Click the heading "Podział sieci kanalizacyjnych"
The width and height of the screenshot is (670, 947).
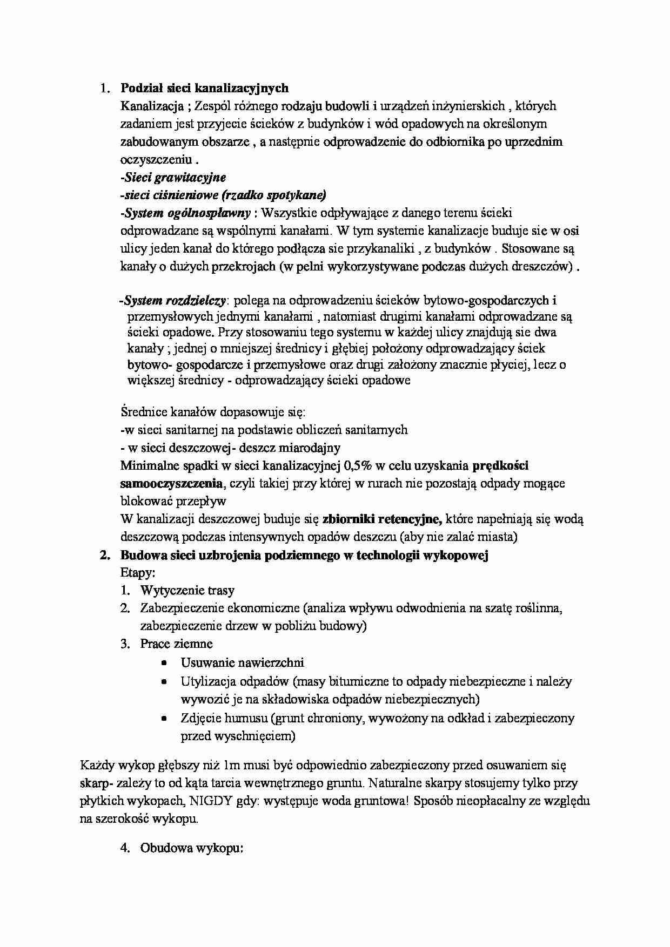coord(204,88)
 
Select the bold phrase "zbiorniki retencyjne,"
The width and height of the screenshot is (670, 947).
coord(382,519)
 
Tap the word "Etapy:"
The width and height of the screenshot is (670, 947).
coord(138,572)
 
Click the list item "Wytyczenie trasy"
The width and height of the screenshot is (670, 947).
coord(187,590)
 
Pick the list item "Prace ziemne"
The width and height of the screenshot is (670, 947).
coord(176,644)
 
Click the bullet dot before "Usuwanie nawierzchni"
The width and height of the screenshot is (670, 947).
coord(164,663)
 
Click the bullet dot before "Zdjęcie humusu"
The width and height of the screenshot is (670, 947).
coord(164,719)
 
